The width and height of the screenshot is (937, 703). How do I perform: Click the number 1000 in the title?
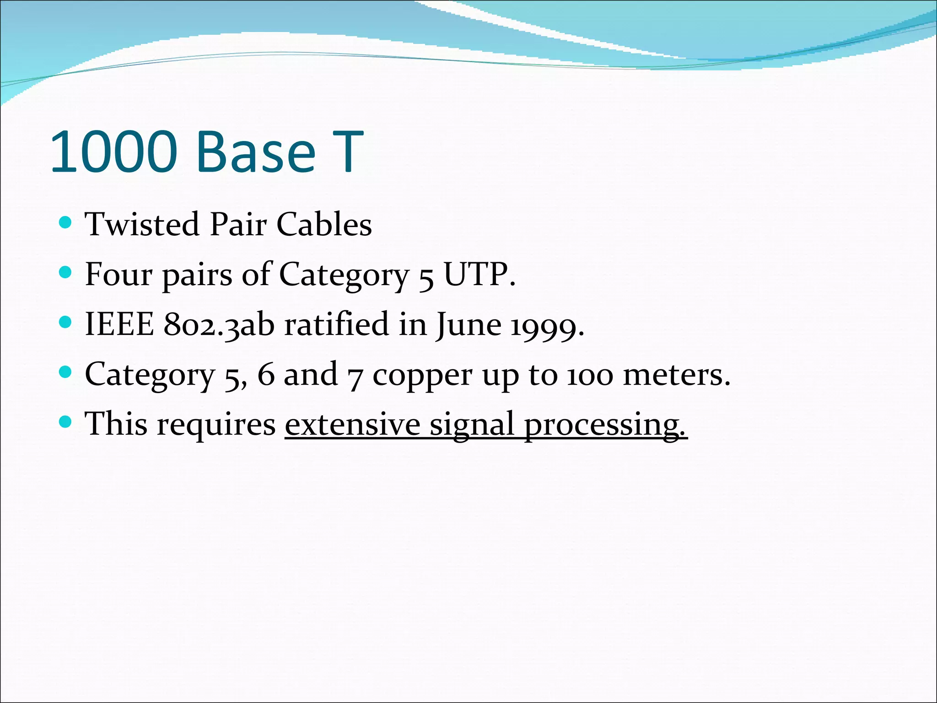113,152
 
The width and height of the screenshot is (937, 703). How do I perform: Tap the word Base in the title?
256,152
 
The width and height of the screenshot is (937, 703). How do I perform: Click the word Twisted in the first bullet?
142,225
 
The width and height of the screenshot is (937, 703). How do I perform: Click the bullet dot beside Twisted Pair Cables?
66,223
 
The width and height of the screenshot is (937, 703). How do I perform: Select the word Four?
118,275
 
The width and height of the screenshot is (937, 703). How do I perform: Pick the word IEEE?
119,324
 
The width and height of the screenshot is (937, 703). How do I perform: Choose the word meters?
676,375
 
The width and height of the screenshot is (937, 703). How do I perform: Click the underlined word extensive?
352,424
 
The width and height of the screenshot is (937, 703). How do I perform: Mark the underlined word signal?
472,425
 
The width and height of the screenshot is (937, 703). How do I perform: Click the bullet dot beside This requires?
66,422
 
